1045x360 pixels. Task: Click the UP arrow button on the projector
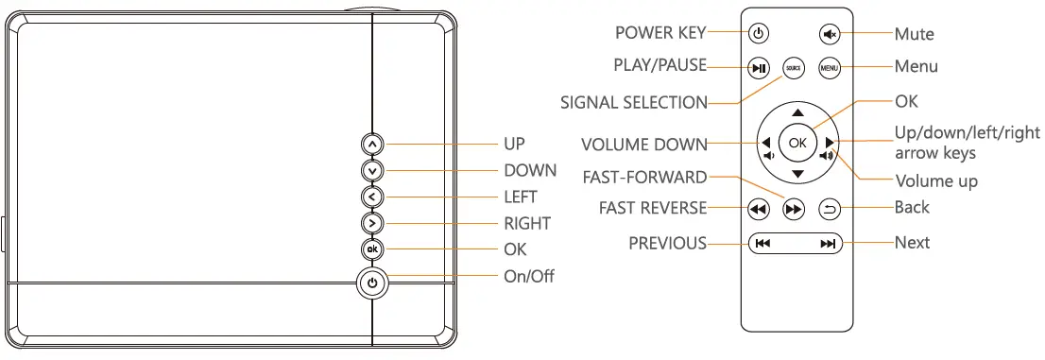click(372, 144)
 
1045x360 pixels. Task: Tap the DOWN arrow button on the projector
click(372, 171)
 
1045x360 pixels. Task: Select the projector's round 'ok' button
click(372, 249)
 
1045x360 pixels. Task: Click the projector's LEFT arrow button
click(372, 197)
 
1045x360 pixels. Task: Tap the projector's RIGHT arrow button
click(372, 223)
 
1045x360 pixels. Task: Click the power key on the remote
click(758, 34)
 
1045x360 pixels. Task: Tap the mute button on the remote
click(829, 34)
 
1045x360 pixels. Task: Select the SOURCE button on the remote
click(794, 67)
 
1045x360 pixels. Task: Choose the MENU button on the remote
click(829, 67)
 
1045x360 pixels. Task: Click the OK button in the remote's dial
click(797, 143)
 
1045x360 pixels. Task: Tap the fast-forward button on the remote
click(794, 210)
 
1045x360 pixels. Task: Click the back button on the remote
click(829, 208)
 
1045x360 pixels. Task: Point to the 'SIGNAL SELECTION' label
click(633, 102)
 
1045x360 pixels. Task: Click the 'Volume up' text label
click(935, 180)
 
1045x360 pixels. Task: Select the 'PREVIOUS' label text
click(667, 244)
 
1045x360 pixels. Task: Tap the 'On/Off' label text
click(528, 277)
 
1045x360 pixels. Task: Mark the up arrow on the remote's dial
click(797, 112)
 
